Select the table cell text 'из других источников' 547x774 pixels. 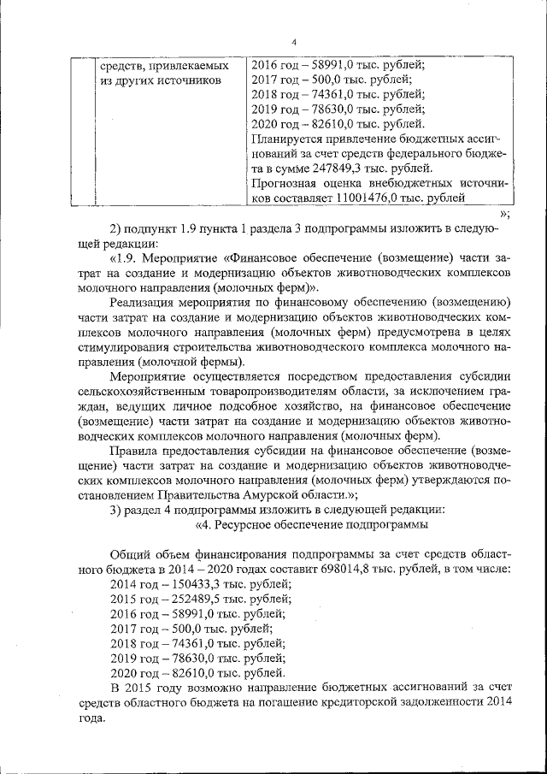[x=160, y=80]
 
